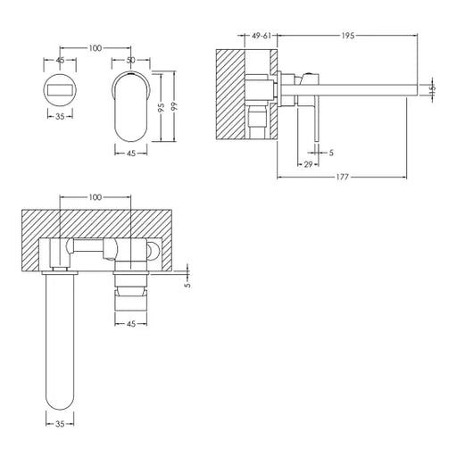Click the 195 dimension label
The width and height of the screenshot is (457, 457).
pos(347,36)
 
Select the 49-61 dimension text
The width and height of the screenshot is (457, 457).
pos(262,36)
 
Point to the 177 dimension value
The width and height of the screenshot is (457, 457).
pos(342,177)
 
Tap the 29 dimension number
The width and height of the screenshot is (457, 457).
pos(308,164)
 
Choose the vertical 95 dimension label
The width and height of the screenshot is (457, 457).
pos(161,107)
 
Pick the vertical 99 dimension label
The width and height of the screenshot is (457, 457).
pos(174,106)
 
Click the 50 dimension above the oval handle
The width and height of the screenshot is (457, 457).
pos(130,60)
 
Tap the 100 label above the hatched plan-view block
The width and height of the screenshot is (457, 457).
pos(96,197)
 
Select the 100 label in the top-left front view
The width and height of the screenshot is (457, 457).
pos(96,48)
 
